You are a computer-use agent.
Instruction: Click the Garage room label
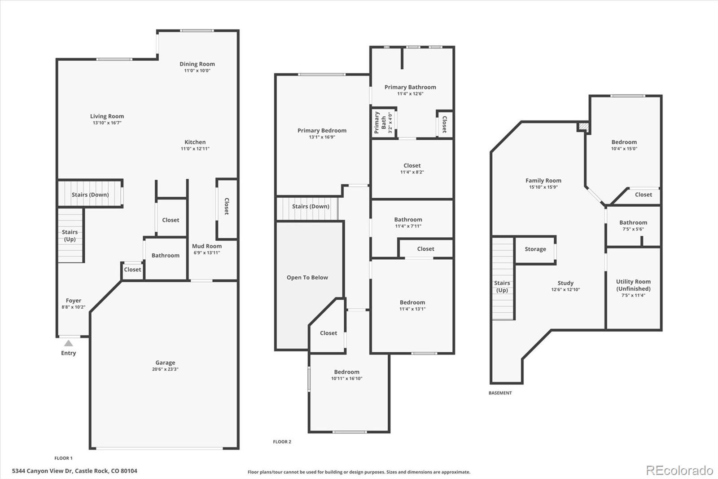pos(165,363)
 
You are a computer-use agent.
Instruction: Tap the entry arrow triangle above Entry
pos(68,343)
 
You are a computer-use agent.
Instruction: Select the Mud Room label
pos(207,246)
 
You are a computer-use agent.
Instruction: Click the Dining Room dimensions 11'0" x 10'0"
pos(197,71)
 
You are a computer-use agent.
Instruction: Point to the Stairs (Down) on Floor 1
pos(90,195)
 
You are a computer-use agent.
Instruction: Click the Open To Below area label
pos(307,278)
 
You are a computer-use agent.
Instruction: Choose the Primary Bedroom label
pos(322,131)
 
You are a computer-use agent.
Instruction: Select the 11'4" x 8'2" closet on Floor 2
pos(412,169)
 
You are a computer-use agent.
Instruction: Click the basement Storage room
pos(535,249)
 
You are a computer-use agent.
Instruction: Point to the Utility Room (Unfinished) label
pos(633,285)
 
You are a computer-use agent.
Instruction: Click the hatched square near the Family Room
pos(583,127)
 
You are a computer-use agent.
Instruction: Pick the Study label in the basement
pos(565,283)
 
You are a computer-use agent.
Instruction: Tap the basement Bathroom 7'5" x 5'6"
pos(633,225)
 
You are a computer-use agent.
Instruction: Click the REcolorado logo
pos(679,470)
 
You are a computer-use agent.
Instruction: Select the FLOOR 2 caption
pos(282,442)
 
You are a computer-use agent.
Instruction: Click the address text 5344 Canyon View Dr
pos(74,471)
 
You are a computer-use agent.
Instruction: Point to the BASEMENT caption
pos(500,393)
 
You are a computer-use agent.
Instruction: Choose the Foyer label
pos(74,301)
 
